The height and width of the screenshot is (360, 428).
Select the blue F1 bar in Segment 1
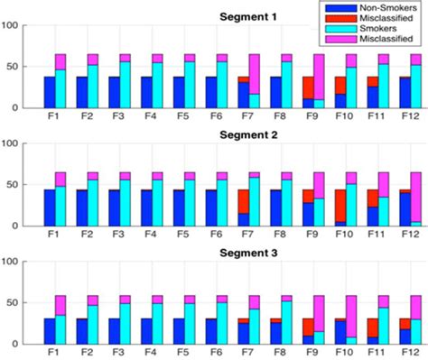point(49,92)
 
